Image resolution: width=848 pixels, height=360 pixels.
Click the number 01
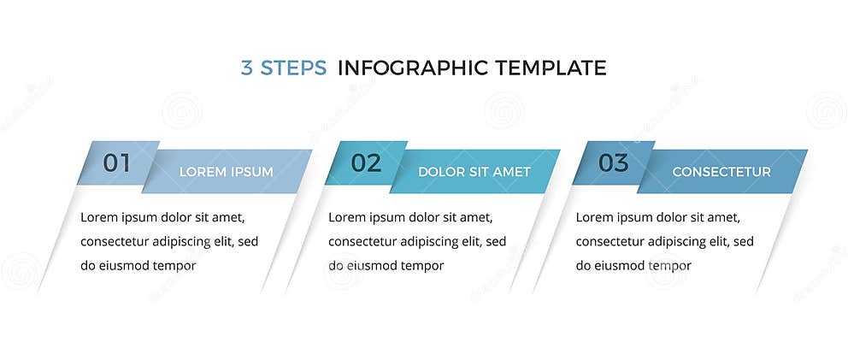pyautogui.click(x=116, y=162)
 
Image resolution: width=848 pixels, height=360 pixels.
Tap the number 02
pyautogui.click(x=366, y=162)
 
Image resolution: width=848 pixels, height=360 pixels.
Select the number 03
pyautogui.click(x=613, y=162)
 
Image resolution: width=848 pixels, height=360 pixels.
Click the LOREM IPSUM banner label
pyautogui.click(x=226, y=172)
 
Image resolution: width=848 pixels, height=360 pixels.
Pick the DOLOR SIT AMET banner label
pyautogui.click(x=474, y=172)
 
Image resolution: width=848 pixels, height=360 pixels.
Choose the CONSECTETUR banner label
pyautogui.click(x=721, y=172)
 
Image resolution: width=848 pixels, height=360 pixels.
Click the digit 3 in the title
pyautogui.click(x=246, y=68)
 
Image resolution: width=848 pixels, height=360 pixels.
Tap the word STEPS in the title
pyautogui.click(x=293, y=68)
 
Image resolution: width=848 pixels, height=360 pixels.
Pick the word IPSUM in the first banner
pyautogui.click(x=252, y=172)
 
